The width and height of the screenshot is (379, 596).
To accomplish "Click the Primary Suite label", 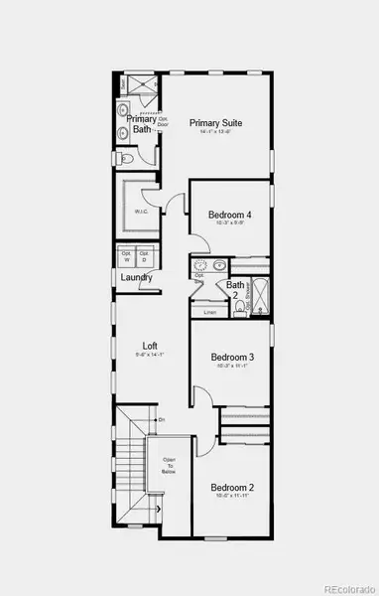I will click(x=216, y=123).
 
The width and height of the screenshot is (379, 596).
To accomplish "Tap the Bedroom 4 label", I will click(x=230, y=215).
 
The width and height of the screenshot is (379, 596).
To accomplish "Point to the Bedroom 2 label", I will click(x=232, y=487).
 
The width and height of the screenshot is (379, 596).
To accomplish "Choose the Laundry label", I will click(x=136, y=278).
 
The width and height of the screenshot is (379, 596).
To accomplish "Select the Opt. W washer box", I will click(x=126, y=256).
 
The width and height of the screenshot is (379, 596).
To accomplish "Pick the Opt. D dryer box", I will click(x=145, y=256).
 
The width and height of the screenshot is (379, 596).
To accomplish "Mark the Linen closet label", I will click(x=209, y=313).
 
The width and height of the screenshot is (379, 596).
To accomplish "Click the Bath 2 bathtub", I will click(x=261, y=296).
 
